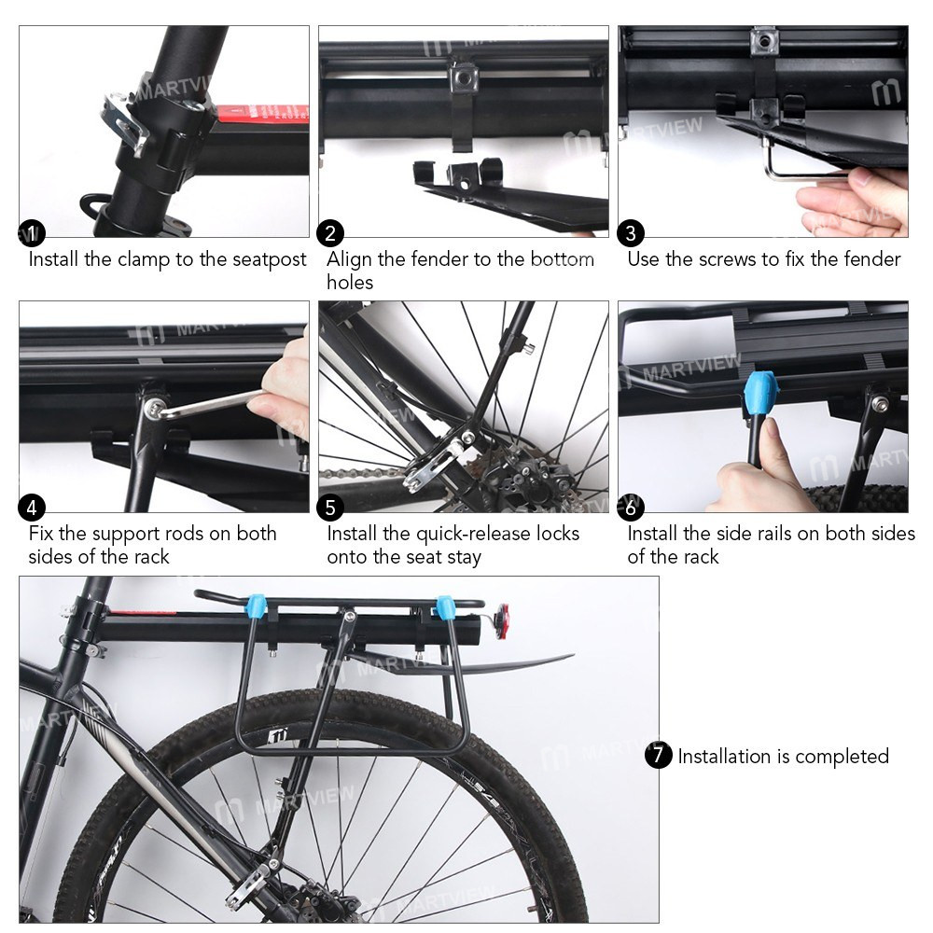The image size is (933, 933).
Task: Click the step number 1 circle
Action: pyautogui.click(x=32, y=233)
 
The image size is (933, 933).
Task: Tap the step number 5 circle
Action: pyautogui.click(x=330, y=508)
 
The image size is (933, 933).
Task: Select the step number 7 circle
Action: pyautogui.click(x=659, y=755)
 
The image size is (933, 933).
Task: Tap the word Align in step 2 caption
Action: pyautogui.click(x=349, y=259)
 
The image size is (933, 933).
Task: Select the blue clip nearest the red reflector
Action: pyautogui.click(x=445, y=607)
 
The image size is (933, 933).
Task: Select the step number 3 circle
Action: pyautogui.click(x=631, y=233)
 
